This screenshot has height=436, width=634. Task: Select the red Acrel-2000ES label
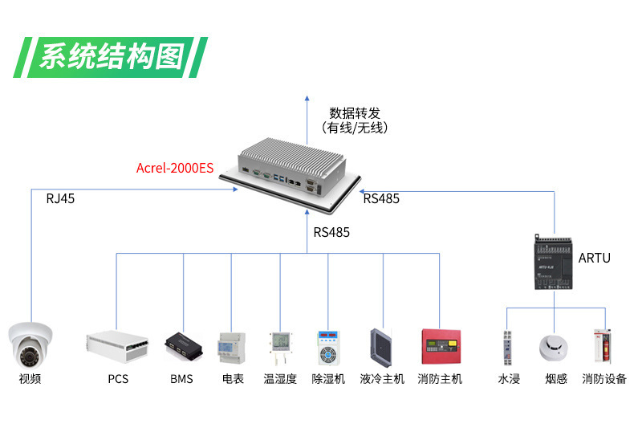(x=175, y=168)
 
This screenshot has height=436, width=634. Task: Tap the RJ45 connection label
(x=60, y=198)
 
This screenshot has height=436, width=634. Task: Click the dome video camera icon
(x=30, y=344)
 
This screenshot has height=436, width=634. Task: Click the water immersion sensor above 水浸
(x=507, y=346)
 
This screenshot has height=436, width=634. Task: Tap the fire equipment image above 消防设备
(x=603, y=346)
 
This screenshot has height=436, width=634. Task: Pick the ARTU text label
(x=594, y=258)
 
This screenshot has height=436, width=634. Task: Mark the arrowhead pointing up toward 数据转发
(x=308, y=99)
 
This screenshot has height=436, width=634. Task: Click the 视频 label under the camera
(x=30, y=379)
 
